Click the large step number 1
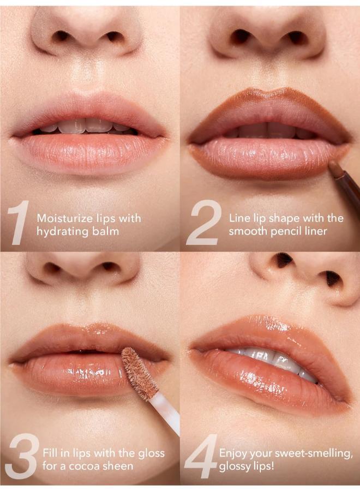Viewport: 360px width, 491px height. coord(20,223)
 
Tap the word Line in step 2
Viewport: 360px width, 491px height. coord(239,218)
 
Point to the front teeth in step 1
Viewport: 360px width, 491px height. coord(82,127)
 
